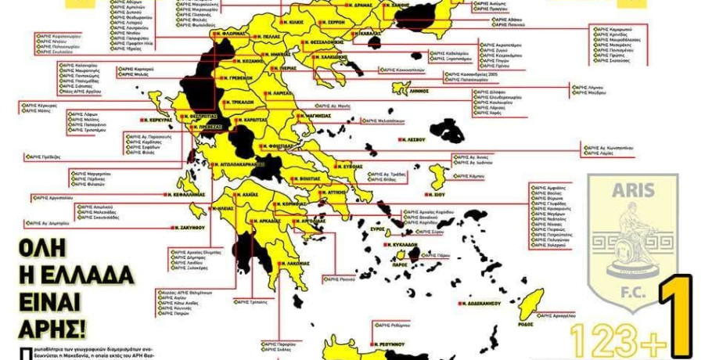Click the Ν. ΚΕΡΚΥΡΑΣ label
coord(157,121)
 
